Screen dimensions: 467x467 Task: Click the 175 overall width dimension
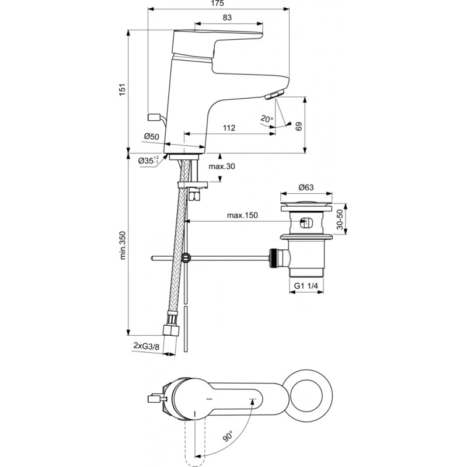point(219,5)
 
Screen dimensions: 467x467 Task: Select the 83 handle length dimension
point(227,18)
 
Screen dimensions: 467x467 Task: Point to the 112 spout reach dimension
point(229,128)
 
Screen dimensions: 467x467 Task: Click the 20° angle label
point(267,119)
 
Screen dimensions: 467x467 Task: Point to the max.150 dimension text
point(242,215)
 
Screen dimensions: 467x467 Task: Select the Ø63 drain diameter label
point(306,188)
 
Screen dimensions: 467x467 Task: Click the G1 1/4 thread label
point(307,286)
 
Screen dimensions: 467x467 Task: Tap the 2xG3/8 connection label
point(146,346)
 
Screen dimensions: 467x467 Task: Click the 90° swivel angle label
point(226,435)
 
